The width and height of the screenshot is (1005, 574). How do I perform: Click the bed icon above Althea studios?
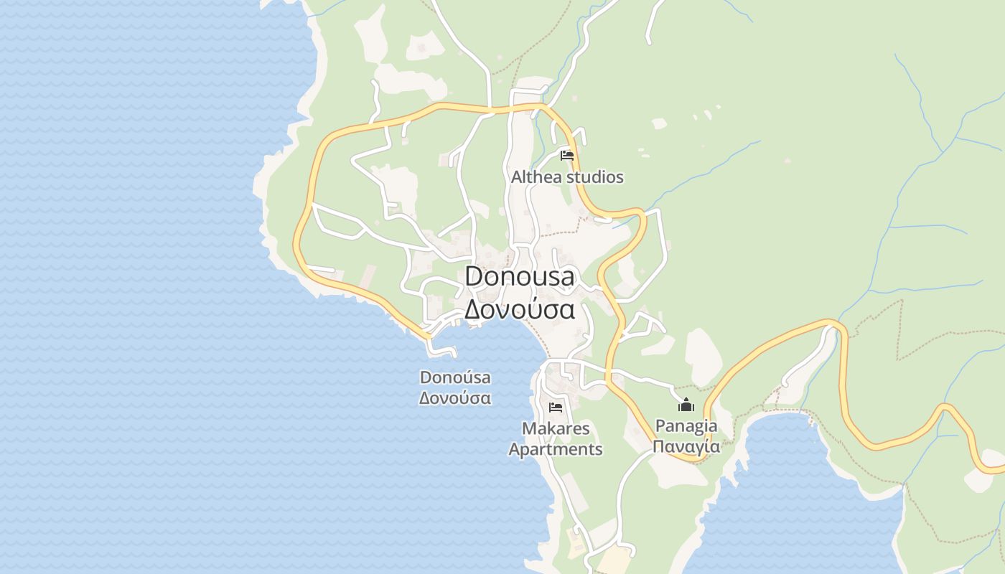tap(567, 156)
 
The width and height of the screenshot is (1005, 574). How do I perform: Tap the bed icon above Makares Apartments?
tap(556, 408)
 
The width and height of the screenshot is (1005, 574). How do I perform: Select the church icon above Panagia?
tap(686, 405)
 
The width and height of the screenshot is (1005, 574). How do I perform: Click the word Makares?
tap(556, 429)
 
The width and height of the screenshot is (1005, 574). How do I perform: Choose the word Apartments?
tap(556, 450)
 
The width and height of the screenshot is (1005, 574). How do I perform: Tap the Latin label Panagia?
tap(686, 426)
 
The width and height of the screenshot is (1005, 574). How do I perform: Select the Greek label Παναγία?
tap(686, 446)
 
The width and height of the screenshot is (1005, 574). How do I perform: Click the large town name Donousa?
tap(520, 276)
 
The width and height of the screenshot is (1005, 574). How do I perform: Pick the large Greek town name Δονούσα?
tap(520, 309)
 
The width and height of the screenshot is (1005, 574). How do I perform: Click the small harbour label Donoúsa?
tap(455, 377)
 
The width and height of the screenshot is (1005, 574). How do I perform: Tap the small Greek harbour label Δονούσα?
tap(455, 398)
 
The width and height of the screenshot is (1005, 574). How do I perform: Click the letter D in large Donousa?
tap(474, 276)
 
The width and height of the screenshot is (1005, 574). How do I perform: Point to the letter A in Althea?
tap(517, 177)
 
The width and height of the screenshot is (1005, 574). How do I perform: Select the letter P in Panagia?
tap(660, 426)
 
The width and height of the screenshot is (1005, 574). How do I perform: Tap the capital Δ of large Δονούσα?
tap(472, 309)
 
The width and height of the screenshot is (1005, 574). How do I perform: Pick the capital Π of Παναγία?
tap(658, 446)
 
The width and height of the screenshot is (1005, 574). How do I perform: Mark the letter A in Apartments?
tap(514, 450)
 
